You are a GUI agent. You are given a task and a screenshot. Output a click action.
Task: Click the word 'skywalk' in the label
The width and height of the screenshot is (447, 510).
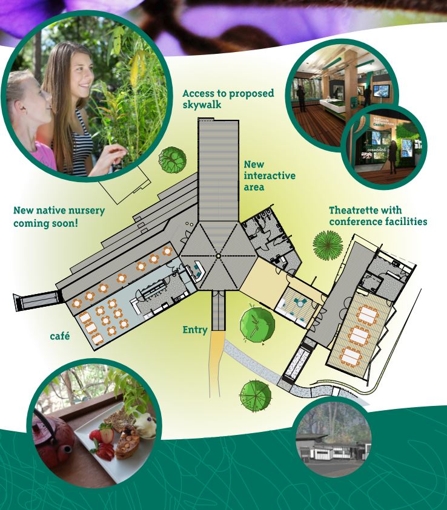click(202, 105)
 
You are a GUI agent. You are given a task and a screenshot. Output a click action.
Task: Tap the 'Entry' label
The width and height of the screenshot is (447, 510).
click(195, 330)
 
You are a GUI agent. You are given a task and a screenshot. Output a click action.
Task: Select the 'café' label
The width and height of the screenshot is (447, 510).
click(60, 336)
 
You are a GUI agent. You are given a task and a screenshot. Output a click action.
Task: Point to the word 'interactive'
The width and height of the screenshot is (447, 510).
click(270, 175)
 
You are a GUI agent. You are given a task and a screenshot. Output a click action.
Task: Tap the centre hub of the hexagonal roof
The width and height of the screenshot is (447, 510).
click(218, 256)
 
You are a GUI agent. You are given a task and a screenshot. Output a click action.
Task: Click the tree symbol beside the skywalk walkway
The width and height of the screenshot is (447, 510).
click(173, 159)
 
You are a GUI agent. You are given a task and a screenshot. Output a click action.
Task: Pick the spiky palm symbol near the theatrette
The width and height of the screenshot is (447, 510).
click(328, 245)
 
